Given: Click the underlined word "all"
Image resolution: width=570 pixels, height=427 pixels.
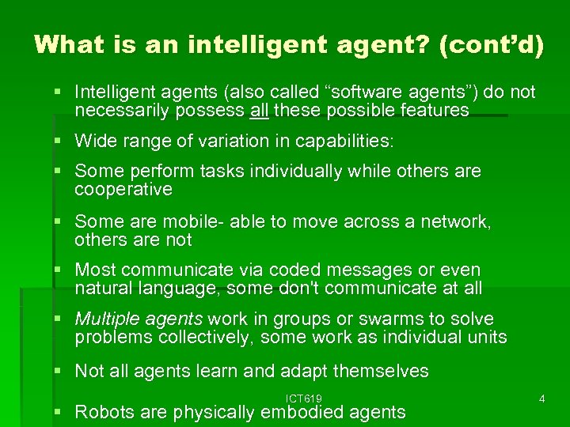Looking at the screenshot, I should pyautogui.click(x=259, y=111).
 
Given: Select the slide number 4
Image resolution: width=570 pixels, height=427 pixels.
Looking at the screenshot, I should pyautogui.click(x=541, y=399).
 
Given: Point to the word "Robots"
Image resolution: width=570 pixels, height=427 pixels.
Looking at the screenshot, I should pyautogui.click(x=107, y=411).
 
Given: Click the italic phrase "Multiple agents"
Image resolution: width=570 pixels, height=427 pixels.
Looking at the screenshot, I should pyautogui.click(x=138, y=319).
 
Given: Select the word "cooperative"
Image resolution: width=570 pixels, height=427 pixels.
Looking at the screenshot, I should pyautogui.click(x=123, y=189).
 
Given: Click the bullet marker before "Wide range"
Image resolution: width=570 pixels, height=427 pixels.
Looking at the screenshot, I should pyautogui.click(x=61, y=142).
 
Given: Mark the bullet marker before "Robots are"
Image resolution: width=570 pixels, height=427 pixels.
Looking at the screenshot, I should pyautogui.click(x=61, y=412).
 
